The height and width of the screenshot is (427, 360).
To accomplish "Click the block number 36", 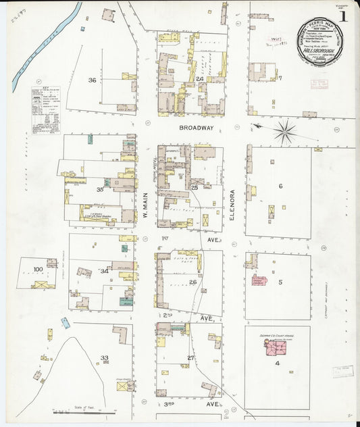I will tap(92, 80).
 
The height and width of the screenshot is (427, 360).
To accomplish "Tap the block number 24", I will tap(200, 79).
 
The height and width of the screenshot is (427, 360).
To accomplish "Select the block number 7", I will tap(279, 78).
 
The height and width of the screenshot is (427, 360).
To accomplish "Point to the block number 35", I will tap(99, 190).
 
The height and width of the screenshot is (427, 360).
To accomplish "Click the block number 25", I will tap(195, 187).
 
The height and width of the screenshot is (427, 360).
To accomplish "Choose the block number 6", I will tap(280, 186).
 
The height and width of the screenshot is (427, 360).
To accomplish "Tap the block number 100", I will tap(38, 270).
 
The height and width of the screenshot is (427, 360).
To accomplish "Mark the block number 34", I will tap(104, 271).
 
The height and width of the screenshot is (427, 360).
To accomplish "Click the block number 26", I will tap(192, 282).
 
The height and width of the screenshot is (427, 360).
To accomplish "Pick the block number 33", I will tap(104, 357).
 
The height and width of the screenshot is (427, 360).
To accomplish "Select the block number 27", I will tap(191, 357).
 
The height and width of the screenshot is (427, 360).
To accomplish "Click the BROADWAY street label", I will tap(197, 127).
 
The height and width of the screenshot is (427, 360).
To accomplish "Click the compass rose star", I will tap(286, 130).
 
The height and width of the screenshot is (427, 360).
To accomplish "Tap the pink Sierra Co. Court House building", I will tap(275, 347).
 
